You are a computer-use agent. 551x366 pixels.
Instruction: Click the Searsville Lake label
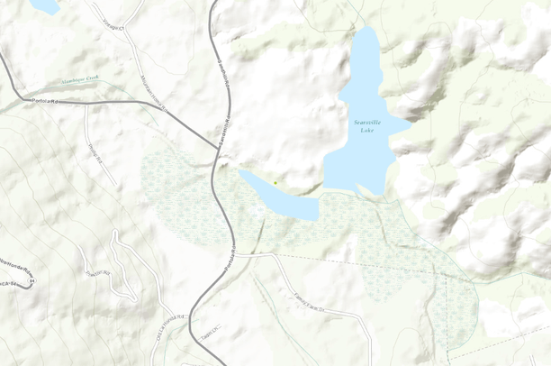click(x=365, y=125)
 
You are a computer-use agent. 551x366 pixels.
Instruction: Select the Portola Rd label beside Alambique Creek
click(x=45, y=99)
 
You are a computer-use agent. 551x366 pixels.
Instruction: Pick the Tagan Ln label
click(x=211, y=334)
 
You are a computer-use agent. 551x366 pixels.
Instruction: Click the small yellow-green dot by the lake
click(x=275, y=183)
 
